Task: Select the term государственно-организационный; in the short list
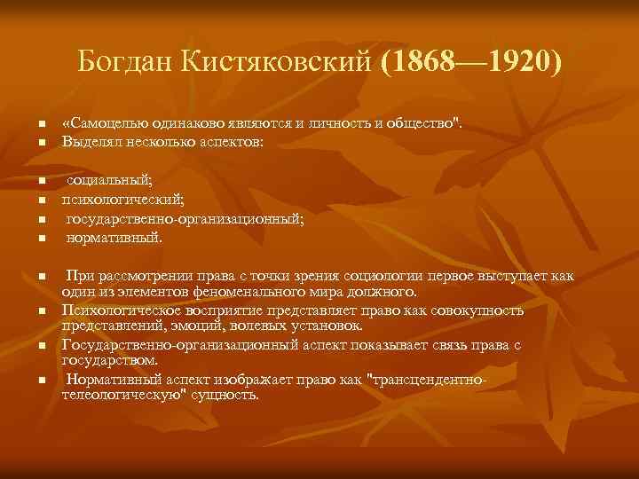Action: coord(184,219)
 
